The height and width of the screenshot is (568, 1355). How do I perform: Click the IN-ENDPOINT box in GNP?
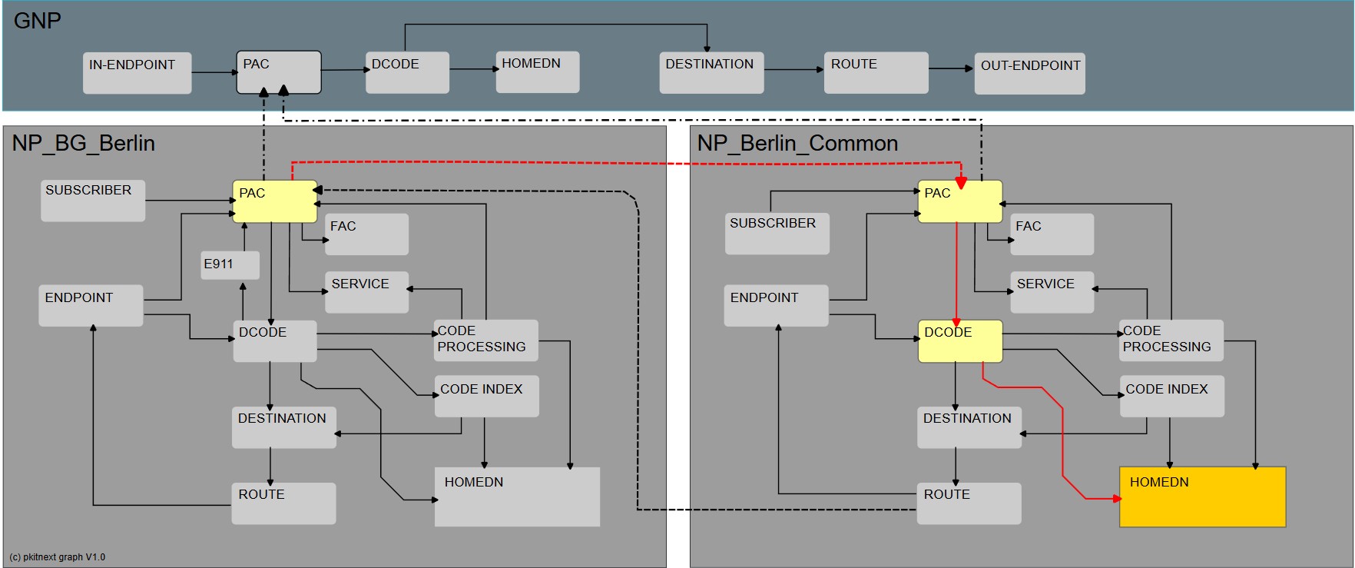pos(137,73)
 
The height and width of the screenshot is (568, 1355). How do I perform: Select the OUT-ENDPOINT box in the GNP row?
pos(1029,74)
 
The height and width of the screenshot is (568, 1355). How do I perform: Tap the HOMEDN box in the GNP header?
pos(537,72)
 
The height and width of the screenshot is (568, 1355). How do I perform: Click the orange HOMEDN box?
pos(1202,497)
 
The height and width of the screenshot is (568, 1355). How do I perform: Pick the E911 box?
pos(229,265)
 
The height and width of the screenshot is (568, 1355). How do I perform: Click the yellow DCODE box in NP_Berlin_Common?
pos(959,341)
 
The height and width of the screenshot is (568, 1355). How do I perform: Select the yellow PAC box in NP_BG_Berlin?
pos(274,202)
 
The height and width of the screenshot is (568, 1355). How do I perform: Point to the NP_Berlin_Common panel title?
pos(797,144)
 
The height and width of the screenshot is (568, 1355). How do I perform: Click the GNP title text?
pos(37,21)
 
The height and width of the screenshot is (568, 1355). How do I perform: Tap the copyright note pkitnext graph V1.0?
pos(58,557)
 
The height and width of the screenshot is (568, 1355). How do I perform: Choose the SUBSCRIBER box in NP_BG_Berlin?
pos(92,201)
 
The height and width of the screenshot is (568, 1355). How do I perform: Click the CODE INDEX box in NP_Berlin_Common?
pos(1171,397)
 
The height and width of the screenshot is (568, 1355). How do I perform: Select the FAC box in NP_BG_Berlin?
pos(366,234)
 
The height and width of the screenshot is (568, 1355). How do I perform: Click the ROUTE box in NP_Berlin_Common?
pos(969,503)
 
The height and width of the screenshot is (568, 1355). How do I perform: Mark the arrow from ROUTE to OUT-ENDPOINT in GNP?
pos(951,68)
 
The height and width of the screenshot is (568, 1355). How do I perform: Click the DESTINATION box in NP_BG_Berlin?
pos(283,427)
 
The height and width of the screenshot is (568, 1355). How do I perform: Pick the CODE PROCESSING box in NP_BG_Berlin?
pos(485,340)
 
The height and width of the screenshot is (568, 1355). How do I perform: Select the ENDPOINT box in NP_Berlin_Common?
pos(775,306)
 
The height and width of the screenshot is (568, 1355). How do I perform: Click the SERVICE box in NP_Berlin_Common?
pos(1051,292)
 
